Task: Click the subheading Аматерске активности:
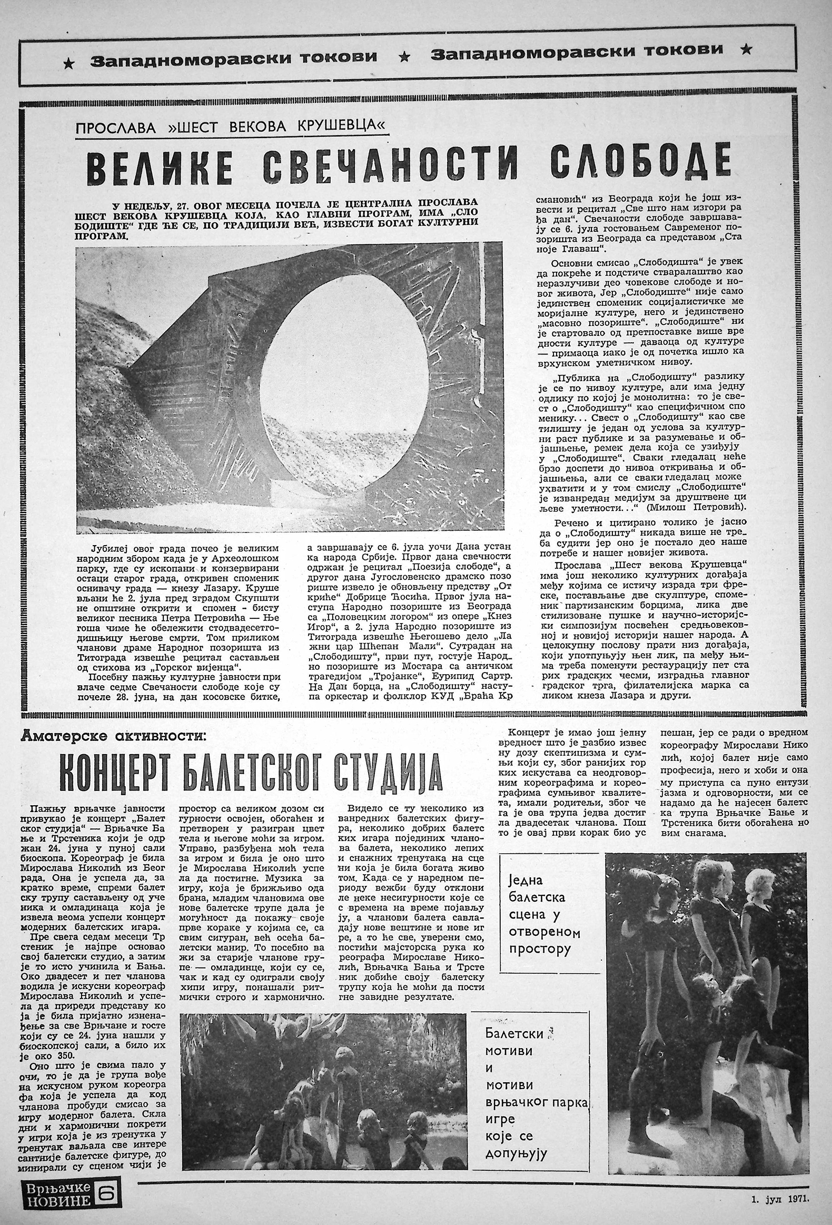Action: tap(111, 736)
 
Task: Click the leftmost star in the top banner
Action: tap(68, 64)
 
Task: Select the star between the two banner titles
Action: tap(404, 55)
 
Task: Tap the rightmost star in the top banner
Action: tap(745, 50)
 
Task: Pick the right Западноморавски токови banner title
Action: tap(577, 51)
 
